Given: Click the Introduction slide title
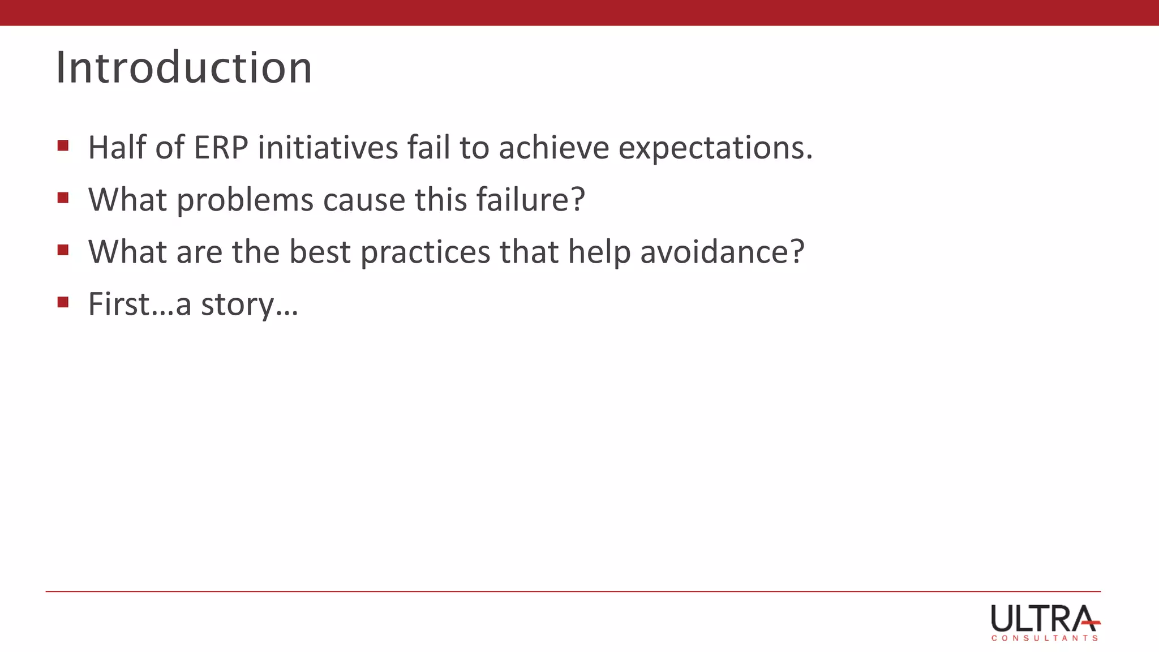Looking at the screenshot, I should (184, 68).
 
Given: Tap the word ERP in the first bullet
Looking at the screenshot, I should (221, 148).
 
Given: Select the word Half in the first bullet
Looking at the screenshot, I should (117, 148).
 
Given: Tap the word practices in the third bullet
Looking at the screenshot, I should (425, 253).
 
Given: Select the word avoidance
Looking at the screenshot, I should (722, 252).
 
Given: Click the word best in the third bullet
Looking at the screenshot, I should (320, 252).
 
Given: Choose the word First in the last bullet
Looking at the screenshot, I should (118, 304).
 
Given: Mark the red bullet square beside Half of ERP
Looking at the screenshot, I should (63, 146).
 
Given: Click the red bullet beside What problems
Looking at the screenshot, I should (63, 198).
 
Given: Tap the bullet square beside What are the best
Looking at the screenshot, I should (63, 250).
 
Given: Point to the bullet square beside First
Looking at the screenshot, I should (63, 302).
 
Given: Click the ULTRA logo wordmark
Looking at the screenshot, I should (1044, 619).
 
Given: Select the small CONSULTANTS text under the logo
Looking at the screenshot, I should (1044, 638).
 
